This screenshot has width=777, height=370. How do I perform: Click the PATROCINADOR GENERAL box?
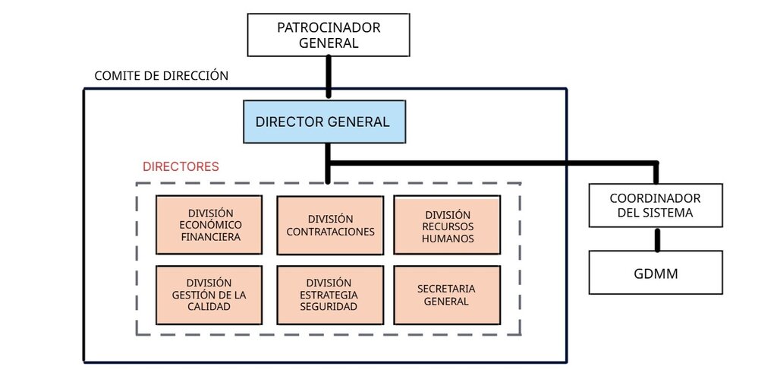point(329,35)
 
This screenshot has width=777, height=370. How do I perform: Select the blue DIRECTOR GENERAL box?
point(324,122)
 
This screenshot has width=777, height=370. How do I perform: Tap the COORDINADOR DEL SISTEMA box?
point(656,205)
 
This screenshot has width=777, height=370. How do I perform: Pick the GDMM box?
point(656,272)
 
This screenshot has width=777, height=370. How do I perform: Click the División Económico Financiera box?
point(209,225)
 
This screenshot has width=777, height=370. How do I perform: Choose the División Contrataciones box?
point(330,225)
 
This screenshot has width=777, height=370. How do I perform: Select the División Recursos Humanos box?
point(447,225)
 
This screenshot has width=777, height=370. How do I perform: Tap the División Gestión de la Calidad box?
point(209,295)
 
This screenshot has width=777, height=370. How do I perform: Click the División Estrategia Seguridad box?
point(330,295)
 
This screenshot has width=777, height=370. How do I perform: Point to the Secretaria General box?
point(447,295)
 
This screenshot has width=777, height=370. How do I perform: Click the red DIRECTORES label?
point(181,166)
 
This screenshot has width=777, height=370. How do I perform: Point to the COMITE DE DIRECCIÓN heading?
point(162,76)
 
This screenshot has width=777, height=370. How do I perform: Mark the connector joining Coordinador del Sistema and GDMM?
point(658,240)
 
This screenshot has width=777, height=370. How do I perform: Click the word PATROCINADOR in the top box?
point(329,28)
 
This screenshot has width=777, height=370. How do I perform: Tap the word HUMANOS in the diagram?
point(448,239)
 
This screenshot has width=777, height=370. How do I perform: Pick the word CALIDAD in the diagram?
point(209,306)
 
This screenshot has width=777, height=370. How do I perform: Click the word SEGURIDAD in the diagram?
point(329,306)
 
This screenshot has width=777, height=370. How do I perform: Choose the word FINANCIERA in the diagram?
point(211,237)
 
